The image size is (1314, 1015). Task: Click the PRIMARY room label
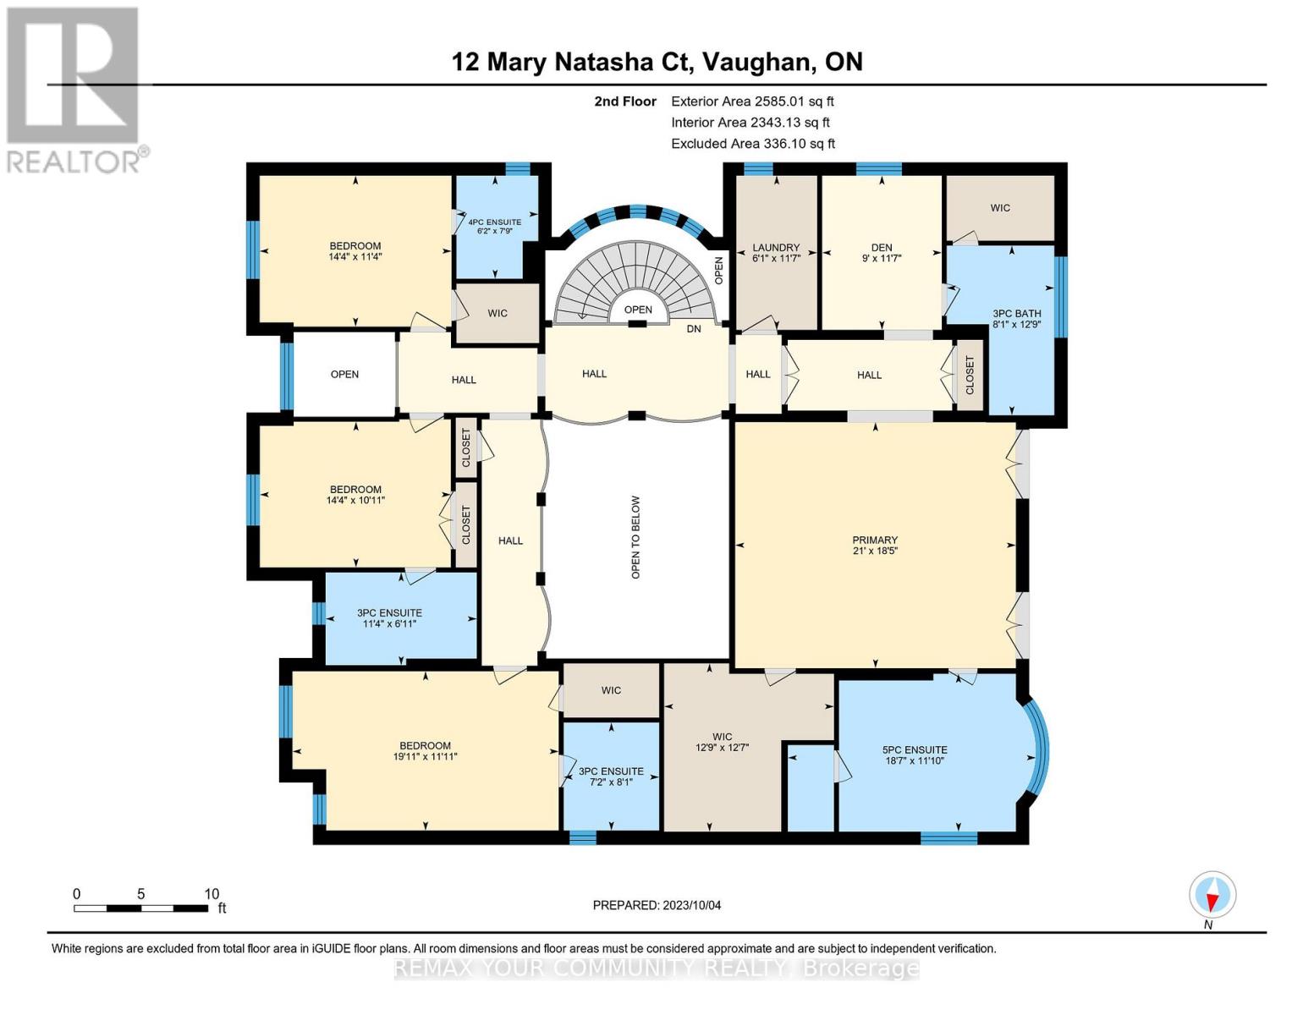(x=874, y=540)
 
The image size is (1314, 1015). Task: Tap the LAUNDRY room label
(x=776, y=247)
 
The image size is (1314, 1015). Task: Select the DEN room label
(x=882, y=247)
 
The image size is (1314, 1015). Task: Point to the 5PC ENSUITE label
(x=915, y=749)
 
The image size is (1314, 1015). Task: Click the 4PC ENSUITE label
(x=495, y=222)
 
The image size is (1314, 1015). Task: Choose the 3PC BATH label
(x=1017, y=313)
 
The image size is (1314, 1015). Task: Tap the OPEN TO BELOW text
(x=635, y=537)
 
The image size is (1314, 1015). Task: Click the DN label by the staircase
(x=694, y=329)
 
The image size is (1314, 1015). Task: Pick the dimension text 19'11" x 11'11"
(x=425, y=756)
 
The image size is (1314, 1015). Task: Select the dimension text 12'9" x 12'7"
(x=722, y=747)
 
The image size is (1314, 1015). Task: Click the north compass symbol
(x=1212, y=896)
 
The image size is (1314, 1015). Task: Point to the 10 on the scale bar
(x=212, y=894)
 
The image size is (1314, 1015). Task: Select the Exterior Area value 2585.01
(x=784, y=101)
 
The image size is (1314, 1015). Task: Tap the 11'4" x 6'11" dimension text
(x=389, y=623)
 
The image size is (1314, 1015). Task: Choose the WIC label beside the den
(x=1000, y=207)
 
